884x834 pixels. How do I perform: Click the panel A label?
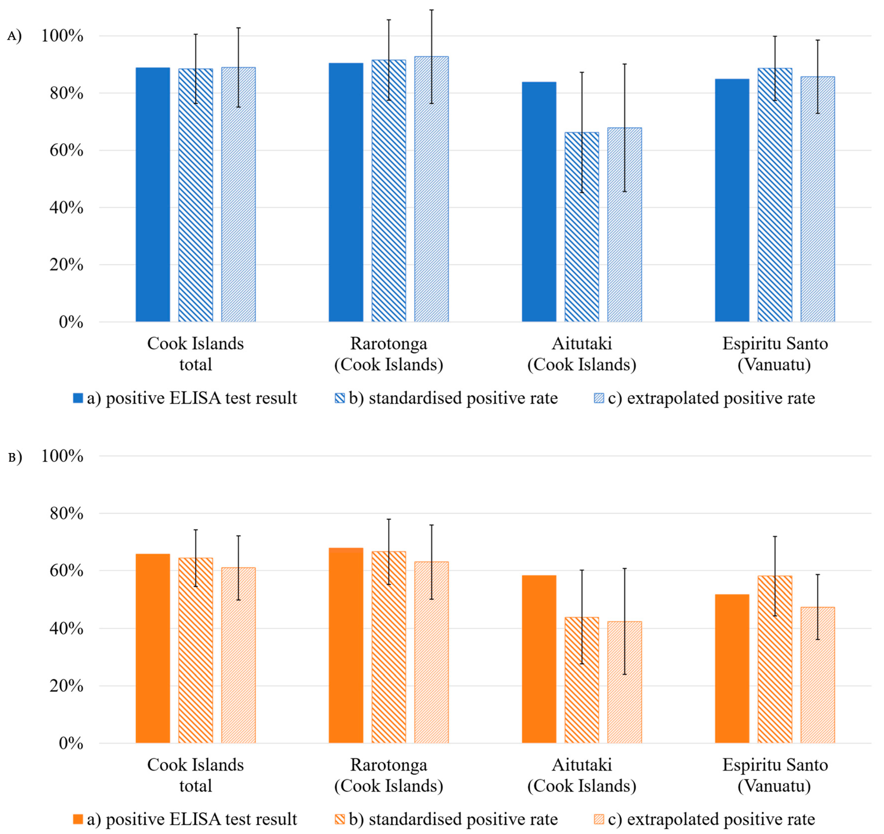14,36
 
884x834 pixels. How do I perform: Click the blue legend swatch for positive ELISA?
78,398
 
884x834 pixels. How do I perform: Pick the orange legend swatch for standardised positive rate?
339,819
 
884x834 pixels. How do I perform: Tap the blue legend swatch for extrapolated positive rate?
599,398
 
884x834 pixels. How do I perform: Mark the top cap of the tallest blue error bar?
431,10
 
